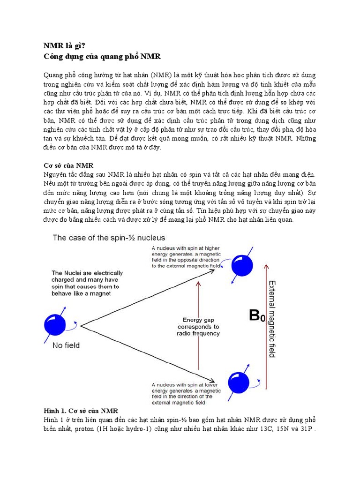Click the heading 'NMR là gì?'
point(65,46)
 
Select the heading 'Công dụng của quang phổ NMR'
point(102,57)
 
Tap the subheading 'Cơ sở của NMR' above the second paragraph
point(68,165)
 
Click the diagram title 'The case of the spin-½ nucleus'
point(109,238)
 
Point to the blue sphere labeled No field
point(56,324)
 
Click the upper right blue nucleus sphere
point(244,266)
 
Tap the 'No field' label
point(66,345)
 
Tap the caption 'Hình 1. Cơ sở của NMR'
point(81,411)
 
